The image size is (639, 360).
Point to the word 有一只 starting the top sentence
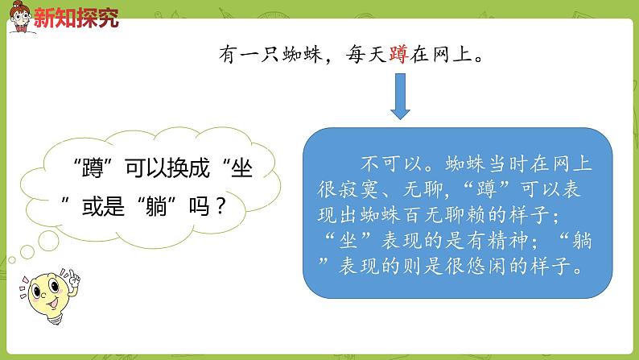[x=249, y=55]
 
